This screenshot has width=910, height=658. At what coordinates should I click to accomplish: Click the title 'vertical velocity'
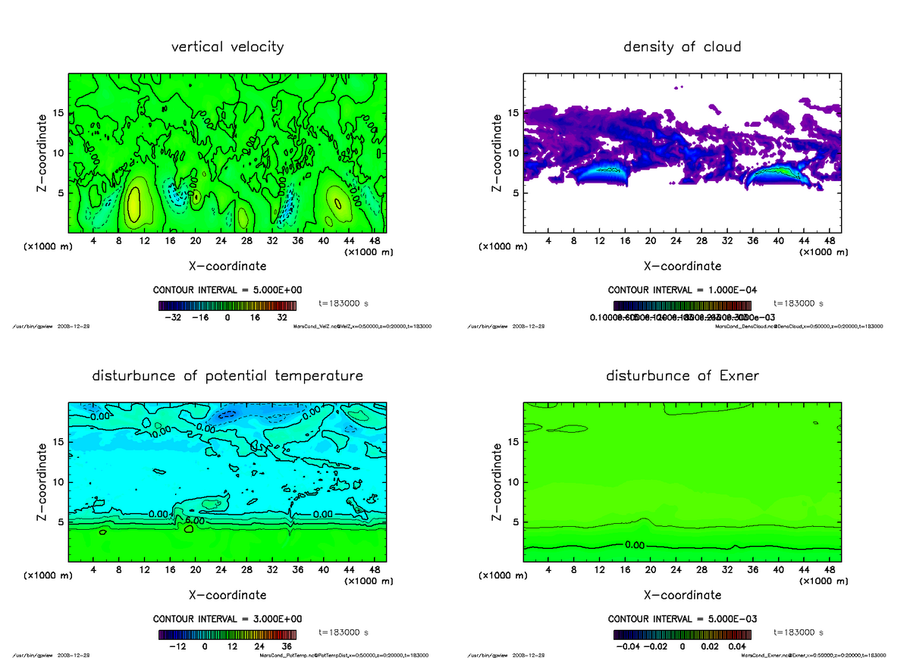tap(227, 47)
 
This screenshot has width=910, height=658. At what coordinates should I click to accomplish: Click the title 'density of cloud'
tap(682, 47)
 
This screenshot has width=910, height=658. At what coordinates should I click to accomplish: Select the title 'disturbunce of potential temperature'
tap(227, 376)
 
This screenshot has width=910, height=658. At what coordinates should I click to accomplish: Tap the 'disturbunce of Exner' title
tap(682, 376)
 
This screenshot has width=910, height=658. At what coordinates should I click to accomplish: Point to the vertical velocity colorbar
tap(227, 305)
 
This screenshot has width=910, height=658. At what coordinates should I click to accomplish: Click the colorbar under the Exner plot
tap(682, 634)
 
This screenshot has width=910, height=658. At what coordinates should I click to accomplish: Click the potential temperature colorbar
tap(227, 634)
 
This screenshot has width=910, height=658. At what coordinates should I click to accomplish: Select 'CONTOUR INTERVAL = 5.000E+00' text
tap(227, 290)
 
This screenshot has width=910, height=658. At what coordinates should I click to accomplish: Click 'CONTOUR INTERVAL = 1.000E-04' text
tap(682, 290)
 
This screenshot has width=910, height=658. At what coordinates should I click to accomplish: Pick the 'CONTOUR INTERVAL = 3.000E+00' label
tap(227, 619)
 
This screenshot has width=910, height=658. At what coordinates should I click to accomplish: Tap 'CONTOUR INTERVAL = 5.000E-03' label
tap(682, 619)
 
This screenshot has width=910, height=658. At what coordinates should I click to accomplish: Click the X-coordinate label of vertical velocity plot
tap(227, 266)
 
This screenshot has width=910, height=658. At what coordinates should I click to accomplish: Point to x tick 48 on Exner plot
tap(830, 569)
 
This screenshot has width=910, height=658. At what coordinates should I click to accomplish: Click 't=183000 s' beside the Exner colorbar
tap(799, 632)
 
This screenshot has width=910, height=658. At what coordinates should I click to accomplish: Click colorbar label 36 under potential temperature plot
tap(287, 647)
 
